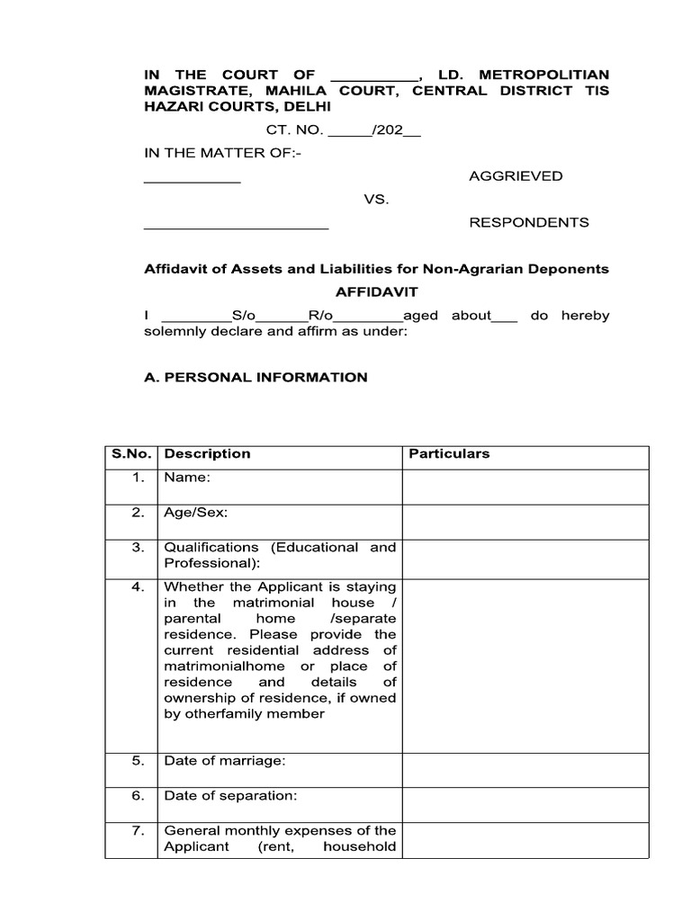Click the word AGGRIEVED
click(x=516, y=176)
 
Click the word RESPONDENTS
click(x=529, y=222)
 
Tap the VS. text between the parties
click(x=376, y=199)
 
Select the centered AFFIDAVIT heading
click(x=376, y=291)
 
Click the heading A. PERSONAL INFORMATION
click(x=256, y=377)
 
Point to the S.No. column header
click(x=130, y=454)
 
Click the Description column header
click(x=207, y=454)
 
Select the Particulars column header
click(x=449, y=454)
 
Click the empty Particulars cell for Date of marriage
click(x=525, y=770)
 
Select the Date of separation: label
click(x=230, y=796)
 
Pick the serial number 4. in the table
click(x=138, y=586)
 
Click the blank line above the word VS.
click(x=193, y=181)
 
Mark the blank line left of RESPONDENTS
click(x=237, y=227)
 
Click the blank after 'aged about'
click(x=506, y=319)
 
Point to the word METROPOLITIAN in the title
click(x=543, y=75)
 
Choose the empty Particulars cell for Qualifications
click(x=525, y=559)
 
